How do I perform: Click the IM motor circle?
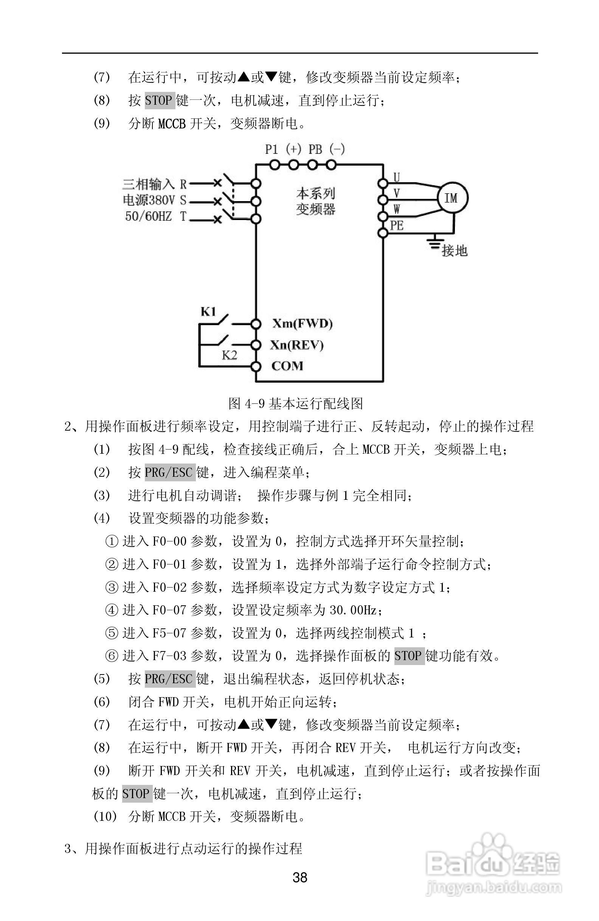(452, 198)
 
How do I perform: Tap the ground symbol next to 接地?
(435, 243)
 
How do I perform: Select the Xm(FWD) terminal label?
(302, 323)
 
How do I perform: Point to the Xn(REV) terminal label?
(296, 344)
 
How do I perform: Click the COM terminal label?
(287, 366)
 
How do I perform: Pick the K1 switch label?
(208, 312)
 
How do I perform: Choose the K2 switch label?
(229, 355)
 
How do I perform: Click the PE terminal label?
(397, 225)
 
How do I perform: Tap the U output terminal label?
(397, 177)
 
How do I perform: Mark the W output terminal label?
(397, 209)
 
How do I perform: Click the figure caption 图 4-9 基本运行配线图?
(296, 404)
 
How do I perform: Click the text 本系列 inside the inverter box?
(316, 193)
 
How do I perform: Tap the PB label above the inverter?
(315, 149)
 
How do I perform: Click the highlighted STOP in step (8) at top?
(160, 101)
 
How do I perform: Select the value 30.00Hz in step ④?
(353, 610)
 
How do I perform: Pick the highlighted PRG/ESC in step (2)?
(169, 473)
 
